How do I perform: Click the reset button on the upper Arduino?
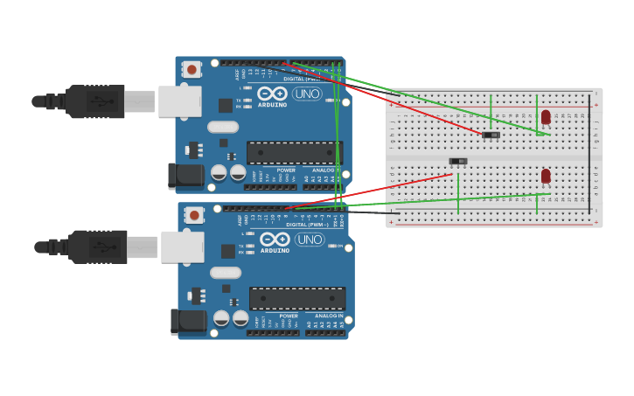(x=192, y=68)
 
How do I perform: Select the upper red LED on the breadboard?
(x=546, y=116)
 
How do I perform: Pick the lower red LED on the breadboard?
(x=546, y=176)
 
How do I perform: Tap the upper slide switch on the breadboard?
(x=491, y=135)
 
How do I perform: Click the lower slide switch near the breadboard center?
(x=458, y=161)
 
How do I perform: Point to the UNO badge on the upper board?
(x=307, y=94)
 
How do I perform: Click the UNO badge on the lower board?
(x=310, y=239)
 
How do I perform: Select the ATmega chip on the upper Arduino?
(x=294, y=153)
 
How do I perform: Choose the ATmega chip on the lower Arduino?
(x=296, y=298)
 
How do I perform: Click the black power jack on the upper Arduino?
(x=186, y=176)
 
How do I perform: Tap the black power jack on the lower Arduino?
(x=189, y=321)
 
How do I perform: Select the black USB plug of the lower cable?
(x=97, y=247)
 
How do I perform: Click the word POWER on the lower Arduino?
(x=288, y=316)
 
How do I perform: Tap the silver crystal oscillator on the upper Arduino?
(x=223, y=127)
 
